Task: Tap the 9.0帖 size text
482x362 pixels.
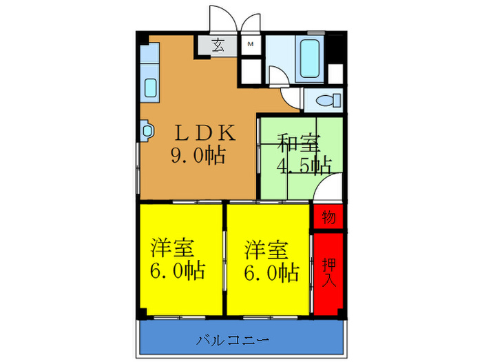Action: click(198, 156)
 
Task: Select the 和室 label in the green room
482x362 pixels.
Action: click(299, 144)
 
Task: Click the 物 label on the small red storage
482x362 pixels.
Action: click(328, 218)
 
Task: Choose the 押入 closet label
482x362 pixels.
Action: click(328, 272)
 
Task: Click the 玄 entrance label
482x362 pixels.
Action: click(218, 47)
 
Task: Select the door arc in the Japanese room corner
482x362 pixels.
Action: click(329, 187)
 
